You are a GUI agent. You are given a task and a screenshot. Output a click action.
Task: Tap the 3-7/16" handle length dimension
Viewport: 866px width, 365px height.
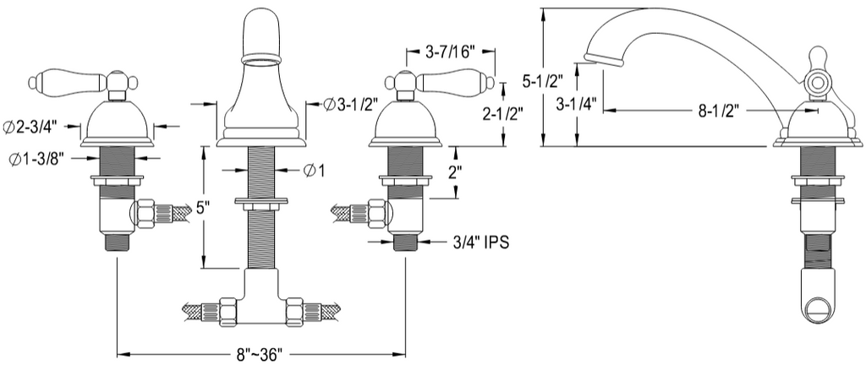[x=451, y=52]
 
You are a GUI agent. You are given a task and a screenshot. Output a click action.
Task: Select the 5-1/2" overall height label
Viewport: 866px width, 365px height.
[x=542, y=81]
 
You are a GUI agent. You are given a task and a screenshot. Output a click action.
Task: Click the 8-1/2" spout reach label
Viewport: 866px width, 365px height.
[x=719, y=111]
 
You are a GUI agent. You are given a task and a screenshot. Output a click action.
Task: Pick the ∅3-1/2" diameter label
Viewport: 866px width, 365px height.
[x=351, y=104]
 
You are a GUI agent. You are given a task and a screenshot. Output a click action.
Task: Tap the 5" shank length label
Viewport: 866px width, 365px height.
[x=203, y=208]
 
